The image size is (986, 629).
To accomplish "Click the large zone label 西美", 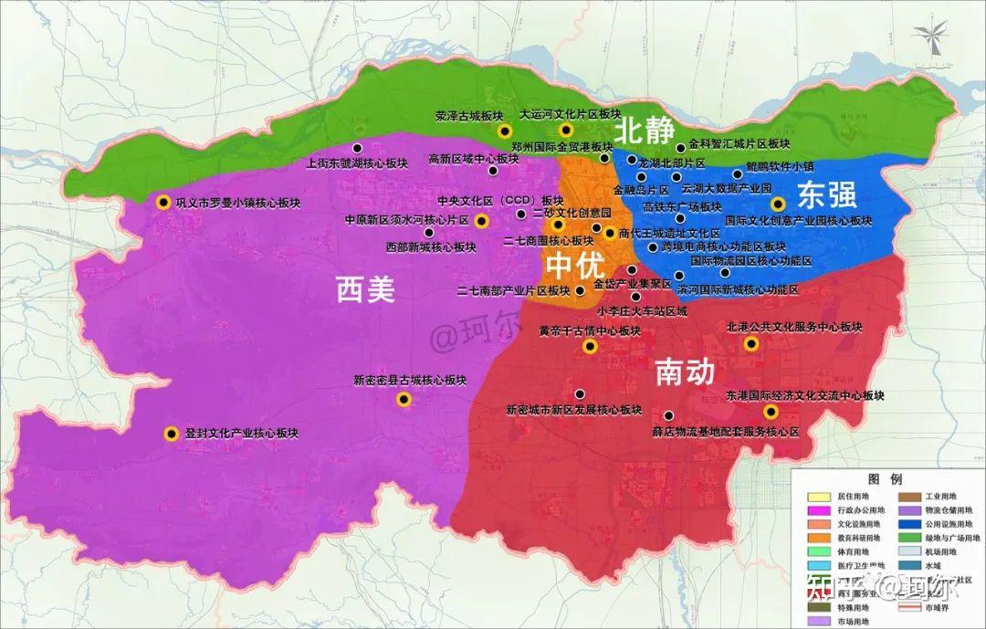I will point(365,290).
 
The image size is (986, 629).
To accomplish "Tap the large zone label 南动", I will point(684,372).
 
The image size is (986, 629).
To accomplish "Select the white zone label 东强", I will point(827,194).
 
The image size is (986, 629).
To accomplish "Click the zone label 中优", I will point(574,267).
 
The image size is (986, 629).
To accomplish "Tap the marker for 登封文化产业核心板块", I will point(170,435).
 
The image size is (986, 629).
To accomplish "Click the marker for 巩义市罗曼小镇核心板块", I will point(163,203).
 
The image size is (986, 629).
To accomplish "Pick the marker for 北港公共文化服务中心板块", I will point(750,343).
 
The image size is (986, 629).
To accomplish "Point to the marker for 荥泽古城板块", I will point(503,131).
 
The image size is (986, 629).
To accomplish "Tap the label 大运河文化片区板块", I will point(570,116).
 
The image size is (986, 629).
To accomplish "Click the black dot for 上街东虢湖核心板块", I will point(358,148).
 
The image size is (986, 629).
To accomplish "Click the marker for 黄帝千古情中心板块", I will point(590,347).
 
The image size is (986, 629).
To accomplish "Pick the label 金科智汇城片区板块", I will point(739,144).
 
